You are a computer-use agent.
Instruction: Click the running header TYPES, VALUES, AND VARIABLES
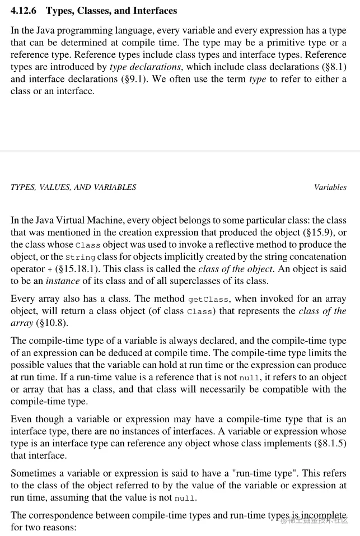click(73, 187)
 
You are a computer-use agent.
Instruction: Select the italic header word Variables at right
click(330, 187)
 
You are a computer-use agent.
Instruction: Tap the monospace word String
click(81, 257)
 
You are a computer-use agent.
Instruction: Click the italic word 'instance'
click(63, 280)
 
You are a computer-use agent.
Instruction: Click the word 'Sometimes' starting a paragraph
click(34, 473)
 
